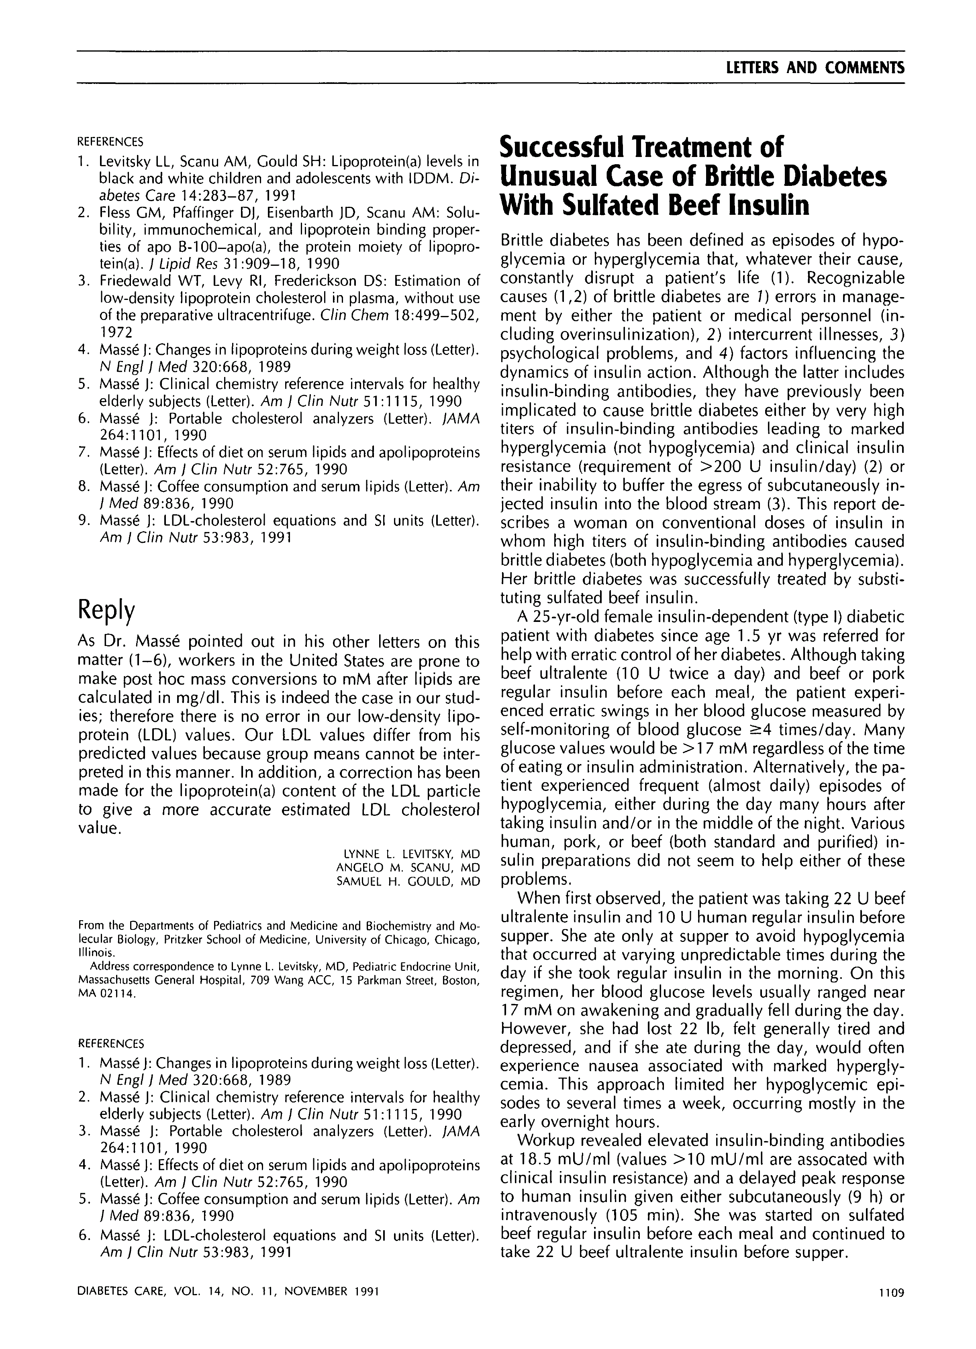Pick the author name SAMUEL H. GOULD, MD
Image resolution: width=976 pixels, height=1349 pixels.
pyautogui.click(x=408, y=882)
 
